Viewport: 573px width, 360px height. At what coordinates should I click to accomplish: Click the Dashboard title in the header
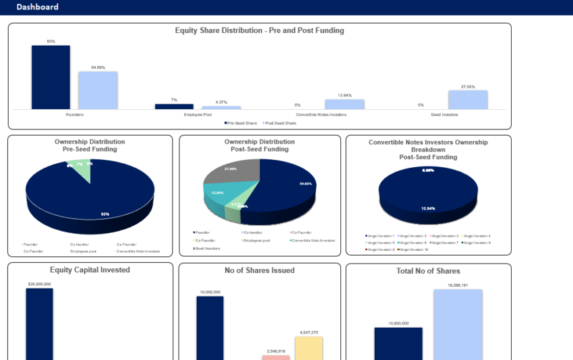38,7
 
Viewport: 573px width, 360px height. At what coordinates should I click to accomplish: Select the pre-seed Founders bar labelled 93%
51,77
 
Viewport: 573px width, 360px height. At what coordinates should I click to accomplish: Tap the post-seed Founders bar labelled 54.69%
98,90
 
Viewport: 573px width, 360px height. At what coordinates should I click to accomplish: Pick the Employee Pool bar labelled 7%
174,107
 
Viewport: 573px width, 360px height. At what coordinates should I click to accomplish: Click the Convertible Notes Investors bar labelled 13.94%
344,104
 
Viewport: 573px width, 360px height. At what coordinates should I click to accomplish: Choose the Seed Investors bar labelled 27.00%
468,100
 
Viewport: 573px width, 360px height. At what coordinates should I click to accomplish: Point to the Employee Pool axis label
198,115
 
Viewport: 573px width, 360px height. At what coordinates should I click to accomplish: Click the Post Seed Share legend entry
281,123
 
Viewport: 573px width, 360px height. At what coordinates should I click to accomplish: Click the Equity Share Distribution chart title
260,30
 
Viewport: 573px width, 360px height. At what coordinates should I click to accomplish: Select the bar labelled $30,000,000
39,324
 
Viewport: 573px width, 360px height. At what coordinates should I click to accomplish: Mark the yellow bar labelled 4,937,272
309,348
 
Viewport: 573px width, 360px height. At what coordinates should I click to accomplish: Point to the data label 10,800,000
398,324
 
